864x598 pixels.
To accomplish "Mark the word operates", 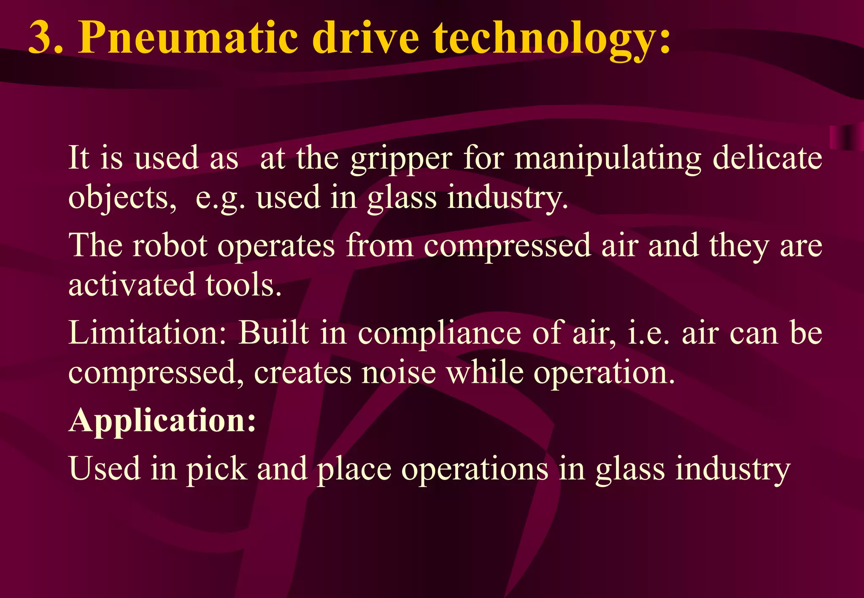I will [x=276, y=247].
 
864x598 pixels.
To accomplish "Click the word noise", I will [x=399, y=373].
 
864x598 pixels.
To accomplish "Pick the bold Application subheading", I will [x=162, y=421].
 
